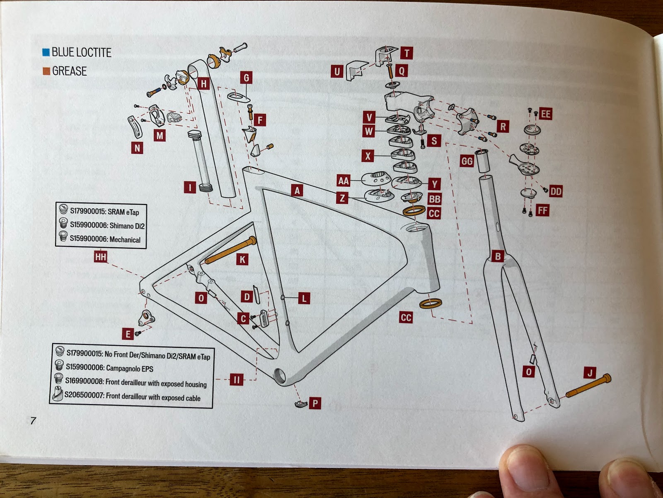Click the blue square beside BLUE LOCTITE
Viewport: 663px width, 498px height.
pos(46,52)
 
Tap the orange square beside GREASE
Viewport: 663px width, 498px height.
pos(46,71)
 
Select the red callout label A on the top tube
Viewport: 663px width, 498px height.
pos(297,190)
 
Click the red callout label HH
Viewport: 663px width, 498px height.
pos(101,257)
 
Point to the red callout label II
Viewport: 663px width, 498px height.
pos(237,379)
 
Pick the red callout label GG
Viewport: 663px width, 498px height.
pos(467,161)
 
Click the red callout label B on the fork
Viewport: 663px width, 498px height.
pos(498,256)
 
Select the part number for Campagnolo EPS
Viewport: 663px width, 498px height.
pos(85,367)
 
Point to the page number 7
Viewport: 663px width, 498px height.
pos(33,420)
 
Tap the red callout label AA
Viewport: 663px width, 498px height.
pos(344,181)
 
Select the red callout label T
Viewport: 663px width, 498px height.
pos(407,53)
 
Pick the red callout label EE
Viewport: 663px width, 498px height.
pos(545,114)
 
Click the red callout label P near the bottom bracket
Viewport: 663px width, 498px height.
pos(315,403)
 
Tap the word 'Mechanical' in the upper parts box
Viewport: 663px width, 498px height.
pos(125,239)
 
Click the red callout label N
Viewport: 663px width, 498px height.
pos(137,148)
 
